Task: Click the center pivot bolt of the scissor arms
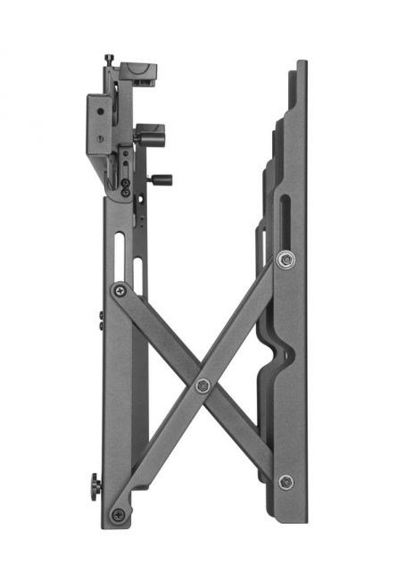coord(203,385)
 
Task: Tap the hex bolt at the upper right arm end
coord(285,259)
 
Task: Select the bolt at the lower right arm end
coord(286,482)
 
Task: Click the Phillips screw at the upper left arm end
coord(119,290)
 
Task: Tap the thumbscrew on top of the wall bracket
coord(109,60)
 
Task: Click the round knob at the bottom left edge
coord(93,488)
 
